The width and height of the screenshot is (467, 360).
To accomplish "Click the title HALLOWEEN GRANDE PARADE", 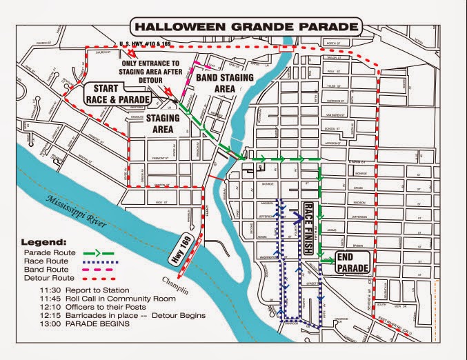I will [246, 27].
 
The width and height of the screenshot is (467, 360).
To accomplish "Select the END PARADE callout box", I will [353, 259].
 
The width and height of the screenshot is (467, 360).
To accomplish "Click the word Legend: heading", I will [43, 243].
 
